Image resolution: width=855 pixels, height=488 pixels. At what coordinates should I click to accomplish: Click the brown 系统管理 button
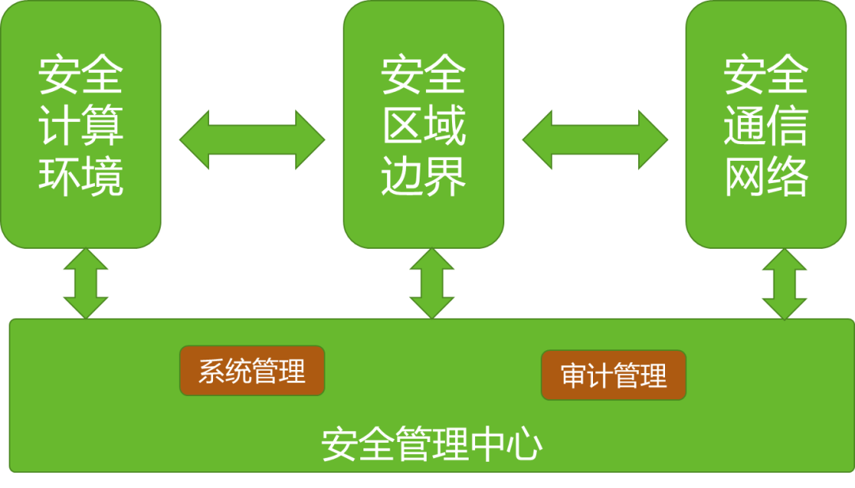click(252, 371)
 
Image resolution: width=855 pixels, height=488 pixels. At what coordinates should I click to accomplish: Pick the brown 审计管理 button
click(614, 376)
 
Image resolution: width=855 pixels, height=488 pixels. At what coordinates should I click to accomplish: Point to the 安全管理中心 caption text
click(431, 445)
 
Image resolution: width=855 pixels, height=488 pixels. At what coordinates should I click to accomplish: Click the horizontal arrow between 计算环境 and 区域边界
click(252, 139)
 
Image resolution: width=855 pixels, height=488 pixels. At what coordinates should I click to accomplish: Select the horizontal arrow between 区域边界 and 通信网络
click(595, 139)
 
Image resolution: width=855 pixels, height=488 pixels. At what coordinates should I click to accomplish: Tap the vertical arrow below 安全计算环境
click(85, 284)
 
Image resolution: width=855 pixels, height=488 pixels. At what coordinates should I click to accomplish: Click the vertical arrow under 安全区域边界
click(432, 284)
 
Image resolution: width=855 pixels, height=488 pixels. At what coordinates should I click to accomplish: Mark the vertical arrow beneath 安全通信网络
click(785, 284)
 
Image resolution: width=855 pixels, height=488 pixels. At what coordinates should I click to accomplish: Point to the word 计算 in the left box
click(81, 126)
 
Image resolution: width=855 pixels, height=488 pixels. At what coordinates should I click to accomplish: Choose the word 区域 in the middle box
click(424, 126)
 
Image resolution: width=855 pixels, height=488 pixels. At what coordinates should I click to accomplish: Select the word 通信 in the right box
click(766, 126)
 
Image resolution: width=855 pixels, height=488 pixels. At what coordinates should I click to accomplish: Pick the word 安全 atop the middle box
click(424, 76)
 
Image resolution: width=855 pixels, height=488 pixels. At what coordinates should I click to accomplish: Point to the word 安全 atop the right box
click(766, 76)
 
